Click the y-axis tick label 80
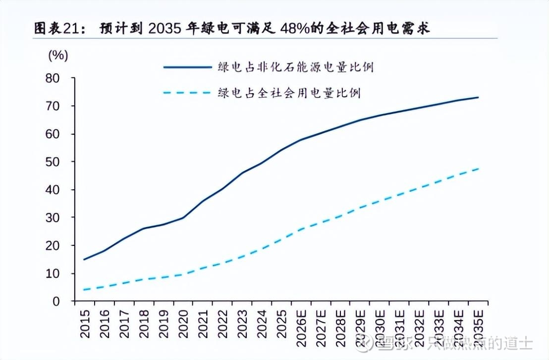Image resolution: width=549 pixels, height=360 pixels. click(x=52, y=78)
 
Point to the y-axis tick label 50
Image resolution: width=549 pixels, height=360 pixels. click(x=52, y=162)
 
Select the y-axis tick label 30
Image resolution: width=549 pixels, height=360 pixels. click(x=52, y=218)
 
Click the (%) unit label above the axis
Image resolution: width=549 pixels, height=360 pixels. click(x=58, y=56)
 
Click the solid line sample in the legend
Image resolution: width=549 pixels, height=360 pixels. click(x=187, y=67)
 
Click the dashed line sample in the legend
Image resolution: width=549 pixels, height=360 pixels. click(x=187, y=93)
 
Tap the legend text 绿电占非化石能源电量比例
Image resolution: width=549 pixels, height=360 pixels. click(x=295, y=67)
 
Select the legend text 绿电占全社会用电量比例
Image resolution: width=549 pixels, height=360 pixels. click(x=289, y=93)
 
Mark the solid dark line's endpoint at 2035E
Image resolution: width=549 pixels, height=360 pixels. click(x=478, y=97)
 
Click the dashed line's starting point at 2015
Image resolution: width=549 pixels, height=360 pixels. click(x=84, y=290)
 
